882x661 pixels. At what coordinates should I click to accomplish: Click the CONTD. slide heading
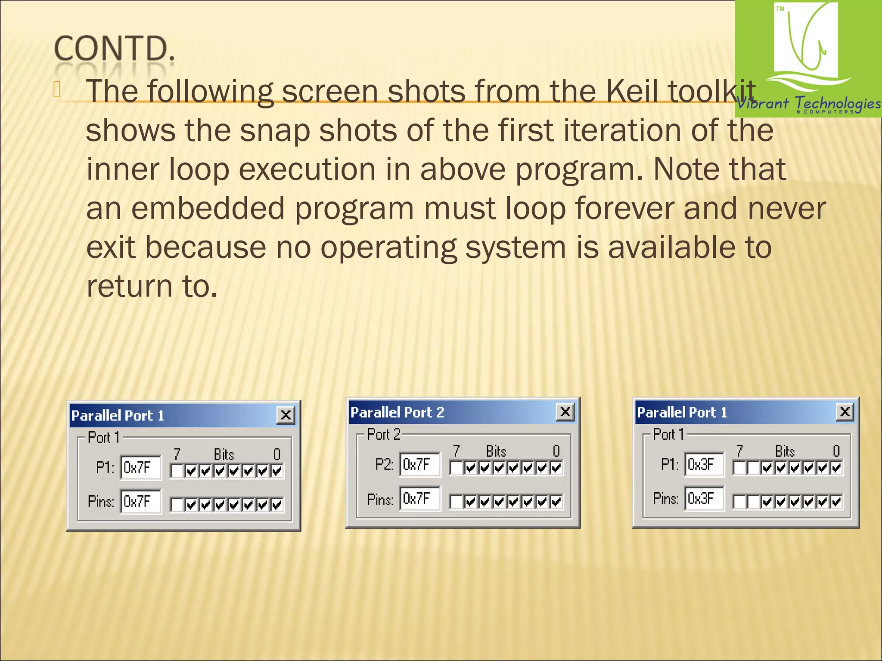(x=115, y=48)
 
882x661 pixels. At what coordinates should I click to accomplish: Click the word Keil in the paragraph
(x=632, y=91)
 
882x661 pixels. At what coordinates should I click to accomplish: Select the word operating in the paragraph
(x=388, y=247)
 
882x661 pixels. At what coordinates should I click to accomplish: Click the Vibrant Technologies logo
(x=808, y=59)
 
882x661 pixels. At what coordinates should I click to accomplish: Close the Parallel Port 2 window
(x=565, y=412)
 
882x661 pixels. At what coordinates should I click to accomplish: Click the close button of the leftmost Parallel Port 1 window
(x=286, y=415)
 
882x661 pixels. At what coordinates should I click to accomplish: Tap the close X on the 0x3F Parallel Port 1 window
(x=845, y=412)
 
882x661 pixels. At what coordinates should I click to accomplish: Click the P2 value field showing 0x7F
(x=419, y=464)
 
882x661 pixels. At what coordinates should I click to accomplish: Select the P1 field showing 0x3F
(x=704, y=464)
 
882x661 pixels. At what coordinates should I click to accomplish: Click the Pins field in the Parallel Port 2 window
(x=419, y=499)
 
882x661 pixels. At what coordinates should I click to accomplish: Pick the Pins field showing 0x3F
(x=704, y=498)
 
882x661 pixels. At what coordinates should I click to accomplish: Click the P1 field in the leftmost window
(x=140, y=467)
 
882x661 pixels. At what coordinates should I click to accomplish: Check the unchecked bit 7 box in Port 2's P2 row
(x=456, y=468)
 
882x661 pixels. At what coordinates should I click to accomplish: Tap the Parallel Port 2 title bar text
(x=397, y=412)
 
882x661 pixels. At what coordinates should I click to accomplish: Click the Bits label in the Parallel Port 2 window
(x=496, y=451)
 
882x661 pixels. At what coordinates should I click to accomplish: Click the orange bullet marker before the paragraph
(x=57, y=90)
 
